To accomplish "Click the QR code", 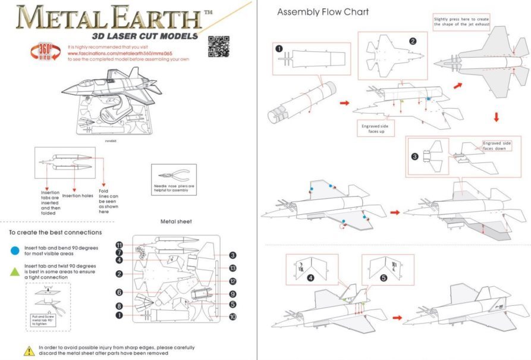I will (x=219, y=46).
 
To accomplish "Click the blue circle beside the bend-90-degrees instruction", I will (x=14, y=249).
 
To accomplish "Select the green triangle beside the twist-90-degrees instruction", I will (x=14, y=271).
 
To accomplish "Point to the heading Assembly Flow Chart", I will (x=323, y=12).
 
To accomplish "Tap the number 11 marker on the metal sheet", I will (x=120, y=245).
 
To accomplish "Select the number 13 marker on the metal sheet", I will (x=233, y=268).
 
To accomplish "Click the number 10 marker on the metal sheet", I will (x=233, y=317).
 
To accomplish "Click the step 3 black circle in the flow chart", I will (x=415, y=156).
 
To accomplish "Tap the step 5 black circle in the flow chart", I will (x=383, y=277).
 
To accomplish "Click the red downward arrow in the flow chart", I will (x=497, y=117).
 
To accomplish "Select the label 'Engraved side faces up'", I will (x=376, y=128).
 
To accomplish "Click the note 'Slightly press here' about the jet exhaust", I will (x=461, y=21).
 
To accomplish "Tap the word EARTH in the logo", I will (x=149, y=18).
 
